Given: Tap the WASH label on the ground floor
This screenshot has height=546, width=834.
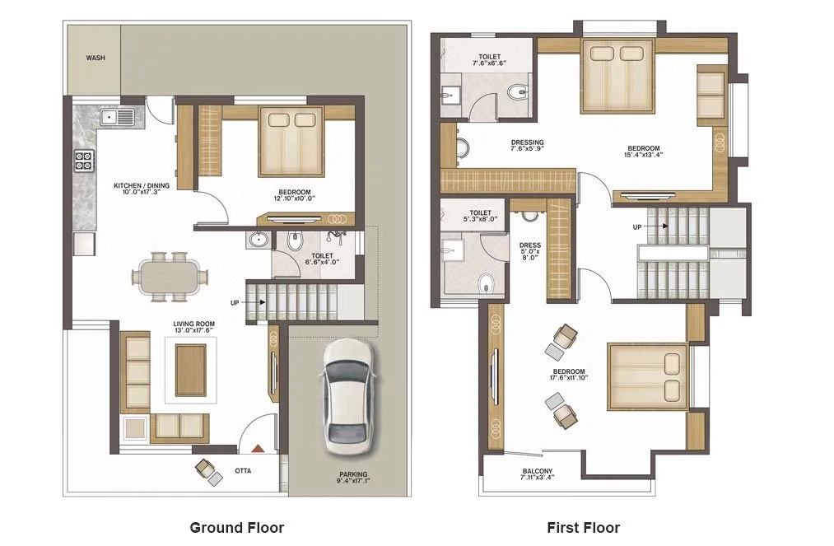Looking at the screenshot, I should (x=95, y=58).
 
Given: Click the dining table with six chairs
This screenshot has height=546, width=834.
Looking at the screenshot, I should (x=169, y=274).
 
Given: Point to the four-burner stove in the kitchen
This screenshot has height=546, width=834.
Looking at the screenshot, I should (x=85, y=160).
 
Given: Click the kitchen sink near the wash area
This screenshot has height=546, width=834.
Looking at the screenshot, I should (x=117, y=117).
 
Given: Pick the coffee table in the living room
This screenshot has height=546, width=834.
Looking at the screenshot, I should (x=191, y=370).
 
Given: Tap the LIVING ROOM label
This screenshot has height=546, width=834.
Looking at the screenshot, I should (x=193, y=324).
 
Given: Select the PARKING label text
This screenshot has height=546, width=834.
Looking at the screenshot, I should (x=353, y=474).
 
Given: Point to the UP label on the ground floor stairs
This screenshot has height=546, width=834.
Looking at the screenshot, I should (x=235, y=303).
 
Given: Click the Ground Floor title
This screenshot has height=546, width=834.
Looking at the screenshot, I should (x=236, y=528).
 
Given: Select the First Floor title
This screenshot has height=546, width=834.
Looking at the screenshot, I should (x=583, y=528).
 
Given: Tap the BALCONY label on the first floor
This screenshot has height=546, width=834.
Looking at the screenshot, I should (x=538, y=473).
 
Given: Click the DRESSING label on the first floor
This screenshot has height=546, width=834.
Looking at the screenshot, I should (x=527, y=142).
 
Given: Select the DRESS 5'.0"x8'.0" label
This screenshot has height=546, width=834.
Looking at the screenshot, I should (x=529, y=250).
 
